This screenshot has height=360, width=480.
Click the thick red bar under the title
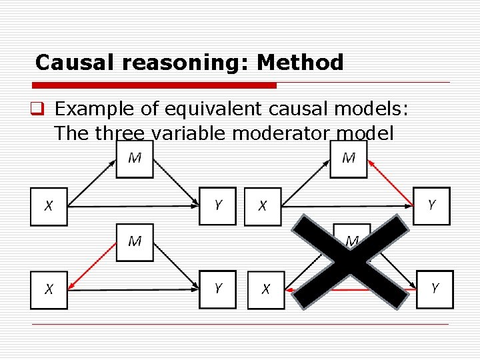[154, 85]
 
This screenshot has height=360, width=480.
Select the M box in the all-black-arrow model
[135, 159]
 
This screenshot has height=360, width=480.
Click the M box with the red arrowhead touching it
[348, 159]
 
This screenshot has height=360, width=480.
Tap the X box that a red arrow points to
[49, 289]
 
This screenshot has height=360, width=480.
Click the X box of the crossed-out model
[266, 290]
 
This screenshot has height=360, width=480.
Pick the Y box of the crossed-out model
[435, 289]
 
